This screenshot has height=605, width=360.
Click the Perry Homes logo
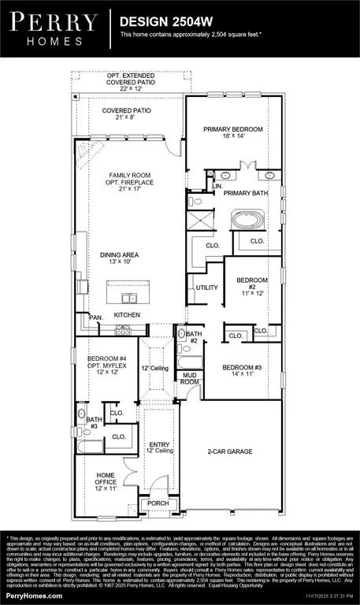54,28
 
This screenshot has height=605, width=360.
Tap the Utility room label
206,288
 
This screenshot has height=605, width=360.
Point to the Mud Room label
190,379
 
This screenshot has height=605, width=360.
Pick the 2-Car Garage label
229,452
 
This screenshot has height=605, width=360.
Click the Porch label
154,504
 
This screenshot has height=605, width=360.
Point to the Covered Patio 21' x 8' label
127,114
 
